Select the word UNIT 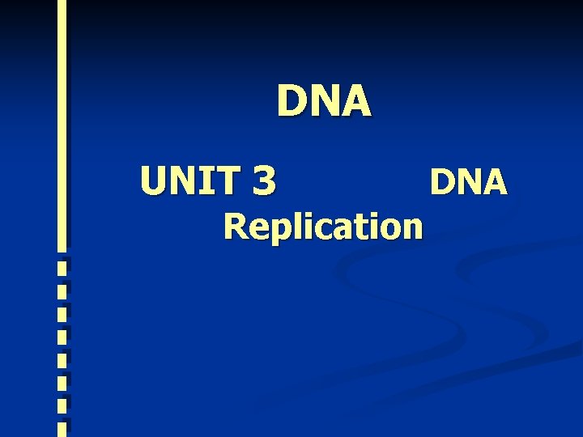coord(191,180)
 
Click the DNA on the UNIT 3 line coord(468,182)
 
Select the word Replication coord(323,227)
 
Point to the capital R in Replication coord(237,227)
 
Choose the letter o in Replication coord(384,229)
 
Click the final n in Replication coord(410,229)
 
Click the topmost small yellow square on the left coord(62,263)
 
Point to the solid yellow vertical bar coord(62,121)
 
